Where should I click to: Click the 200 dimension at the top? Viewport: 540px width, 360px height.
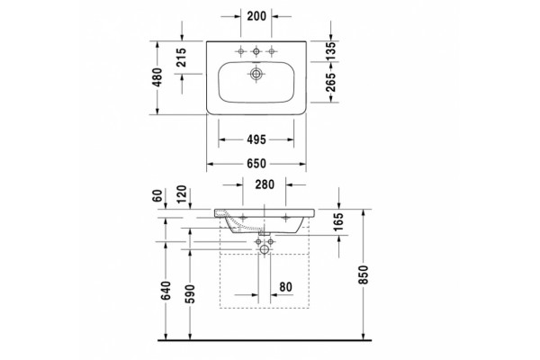[256, 16]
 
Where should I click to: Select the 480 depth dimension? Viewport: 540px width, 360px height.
[157, 77]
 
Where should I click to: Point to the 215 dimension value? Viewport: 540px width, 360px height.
[181, 58]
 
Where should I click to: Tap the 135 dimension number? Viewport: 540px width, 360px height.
[330, 51]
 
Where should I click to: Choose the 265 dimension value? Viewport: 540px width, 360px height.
[330, 82]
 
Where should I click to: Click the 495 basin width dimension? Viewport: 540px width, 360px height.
[256, 139]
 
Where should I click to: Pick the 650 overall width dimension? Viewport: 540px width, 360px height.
[256, 163]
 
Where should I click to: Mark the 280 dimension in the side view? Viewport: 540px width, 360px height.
[265, 184]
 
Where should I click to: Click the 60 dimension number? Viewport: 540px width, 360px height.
[157, 195]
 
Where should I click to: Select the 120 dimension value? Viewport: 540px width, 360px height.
[181, 194]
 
